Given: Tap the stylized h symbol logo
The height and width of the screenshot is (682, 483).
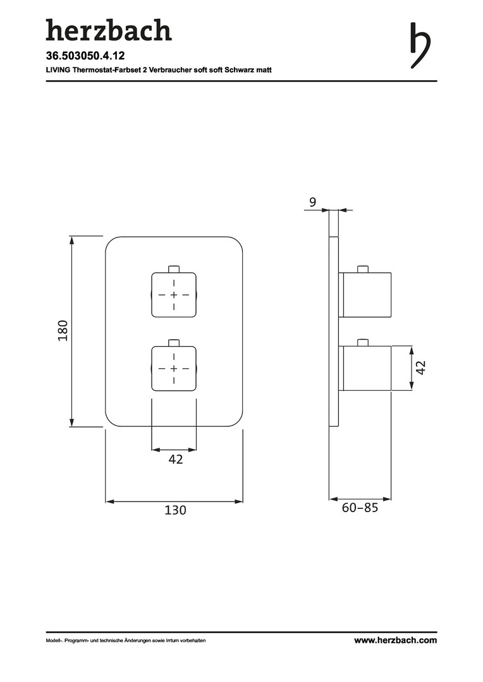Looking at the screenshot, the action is tap(420, 45).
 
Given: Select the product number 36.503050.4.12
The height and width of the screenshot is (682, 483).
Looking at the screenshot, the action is tap(85, 56).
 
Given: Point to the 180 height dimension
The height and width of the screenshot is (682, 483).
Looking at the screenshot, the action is tap(63, 330).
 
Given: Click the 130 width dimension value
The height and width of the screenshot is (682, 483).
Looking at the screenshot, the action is tap(175, 510).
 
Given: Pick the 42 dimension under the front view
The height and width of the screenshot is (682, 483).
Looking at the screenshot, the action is tap(176, 459).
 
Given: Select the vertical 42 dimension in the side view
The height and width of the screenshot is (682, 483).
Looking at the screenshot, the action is tap(420, 368).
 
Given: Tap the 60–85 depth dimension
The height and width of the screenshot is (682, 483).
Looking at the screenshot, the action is tap(360, 508).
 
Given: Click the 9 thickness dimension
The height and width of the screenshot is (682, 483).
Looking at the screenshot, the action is tap(313, 202).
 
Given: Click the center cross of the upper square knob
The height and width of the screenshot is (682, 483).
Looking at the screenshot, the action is tap(174, 295).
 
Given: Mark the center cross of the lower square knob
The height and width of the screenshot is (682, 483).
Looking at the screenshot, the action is tap(174, 369).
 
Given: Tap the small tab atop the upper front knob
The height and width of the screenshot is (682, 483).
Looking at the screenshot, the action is tap(174, 268).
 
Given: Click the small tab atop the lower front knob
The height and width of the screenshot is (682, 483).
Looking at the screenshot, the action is tap(174, 342).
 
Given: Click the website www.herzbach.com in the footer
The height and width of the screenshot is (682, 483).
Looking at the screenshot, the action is tap(395, 640).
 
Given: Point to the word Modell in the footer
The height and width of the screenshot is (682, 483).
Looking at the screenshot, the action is tap(52, 640).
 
